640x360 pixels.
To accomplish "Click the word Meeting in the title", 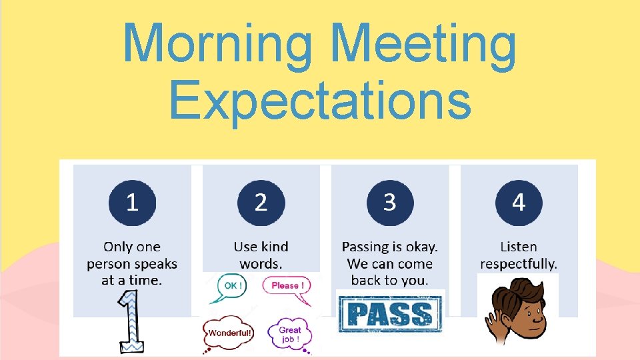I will [423, 45].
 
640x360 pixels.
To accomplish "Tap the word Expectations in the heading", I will [320, 100].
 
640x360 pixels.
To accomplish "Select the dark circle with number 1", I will [132, 202].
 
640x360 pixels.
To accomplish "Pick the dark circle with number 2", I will [261, 202].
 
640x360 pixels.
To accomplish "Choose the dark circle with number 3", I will [390, 202].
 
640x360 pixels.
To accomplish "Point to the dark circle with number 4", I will [519, 202].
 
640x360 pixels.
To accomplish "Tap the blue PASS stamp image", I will [390, 313].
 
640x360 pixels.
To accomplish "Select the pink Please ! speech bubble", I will [287, 286].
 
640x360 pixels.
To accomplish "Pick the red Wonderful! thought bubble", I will [228, 332].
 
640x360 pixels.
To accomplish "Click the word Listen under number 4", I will [519, 247].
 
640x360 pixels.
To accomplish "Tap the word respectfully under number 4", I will [519, 264].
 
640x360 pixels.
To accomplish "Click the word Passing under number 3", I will [365, 247].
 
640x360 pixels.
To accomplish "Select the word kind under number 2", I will [274, 247].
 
